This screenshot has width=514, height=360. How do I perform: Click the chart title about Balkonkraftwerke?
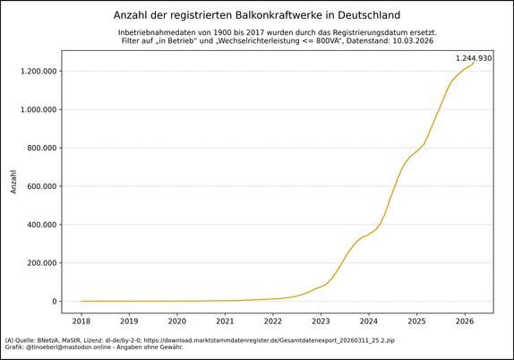pyautogui.click(x=257, y=15)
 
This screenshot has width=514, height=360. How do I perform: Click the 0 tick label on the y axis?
pyautogui.click(x=53, y=302)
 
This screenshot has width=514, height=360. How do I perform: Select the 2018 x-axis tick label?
pyautogui.click(x=81, y=321)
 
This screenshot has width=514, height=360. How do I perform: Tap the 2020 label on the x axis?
pyautogui.click(x=177, y=321)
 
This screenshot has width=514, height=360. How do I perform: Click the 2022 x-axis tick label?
pyautogui.click(x=273, y=321)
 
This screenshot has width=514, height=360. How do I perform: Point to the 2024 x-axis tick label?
pyautogui.click(x=368, y=321)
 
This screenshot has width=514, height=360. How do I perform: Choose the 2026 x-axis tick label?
pyautogui.click(x=464, y=321)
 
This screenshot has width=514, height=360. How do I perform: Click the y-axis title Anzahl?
pyautogui.click(x=13, y=181)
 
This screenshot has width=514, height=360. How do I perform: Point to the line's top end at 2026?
pyautogui.click(x=474, y=63)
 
